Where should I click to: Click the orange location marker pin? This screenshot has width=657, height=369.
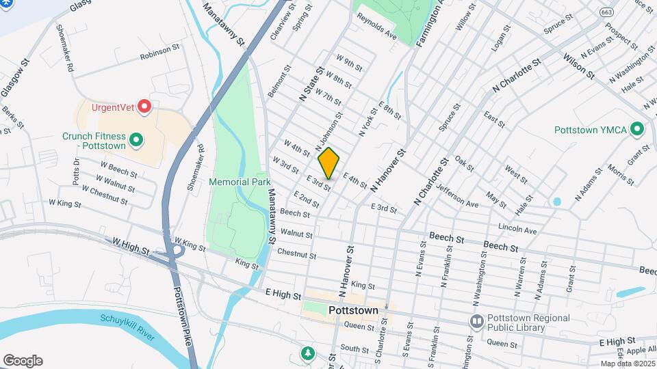coord(329,163)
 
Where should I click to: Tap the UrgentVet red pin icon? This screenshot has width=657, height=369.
coord(144,107)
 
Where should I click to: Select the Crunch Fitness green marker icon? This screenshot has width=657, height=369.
coord(136,141)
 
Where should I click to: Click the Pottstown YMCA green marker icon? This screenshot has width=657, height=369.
coord(637,129)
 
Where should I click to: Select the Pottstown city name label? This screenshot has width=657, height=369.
coord(353,310)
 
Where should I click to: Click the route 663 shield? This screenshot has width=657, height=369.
coord(606,12)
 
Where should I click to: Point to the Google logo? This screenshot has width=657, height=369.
coord(22,361)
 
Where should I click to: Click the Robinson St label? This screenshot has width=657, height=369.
coord(159,56)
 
